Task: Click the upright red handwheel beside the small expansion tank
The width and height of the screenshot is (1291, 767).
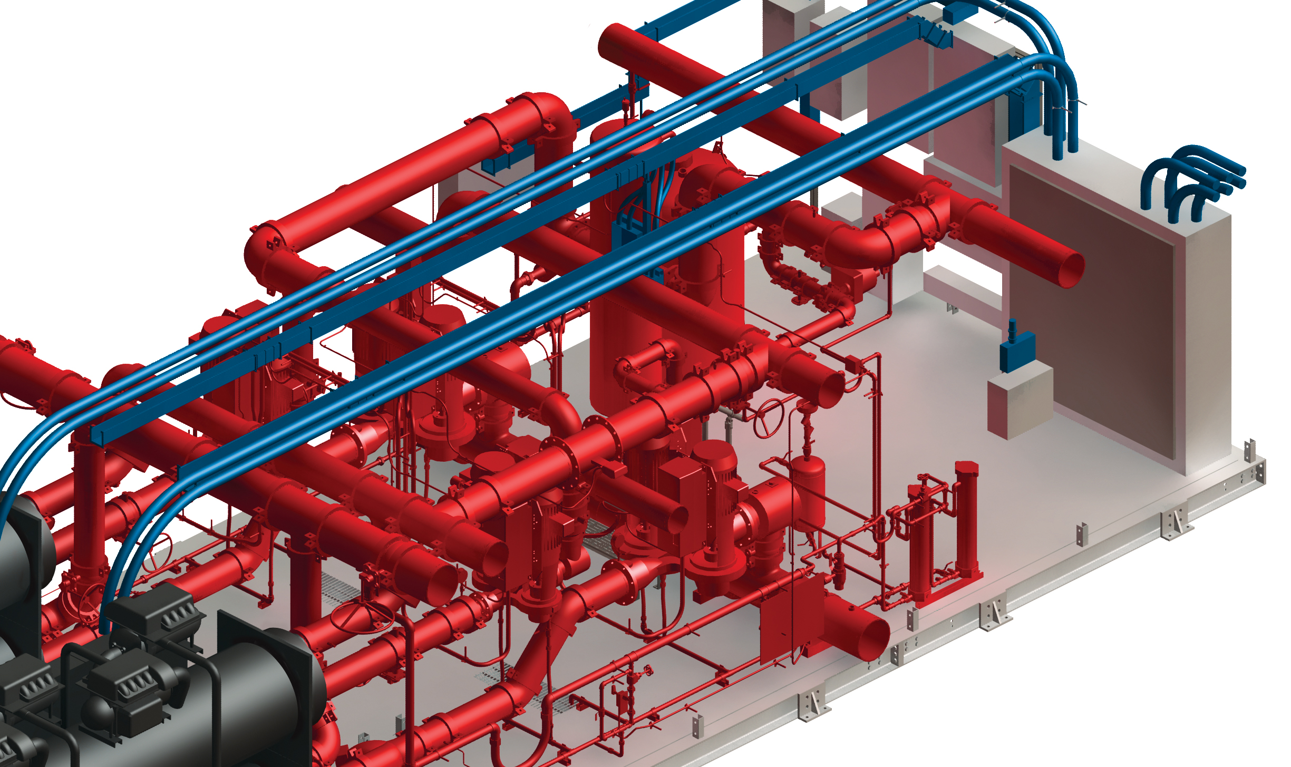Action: point(768,418)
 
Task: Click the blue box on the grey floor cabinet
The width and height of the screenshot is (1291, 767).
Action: point(1017,350)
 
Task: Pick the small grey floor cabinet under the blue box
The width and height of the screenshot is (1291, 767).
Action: point(1020,403)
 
